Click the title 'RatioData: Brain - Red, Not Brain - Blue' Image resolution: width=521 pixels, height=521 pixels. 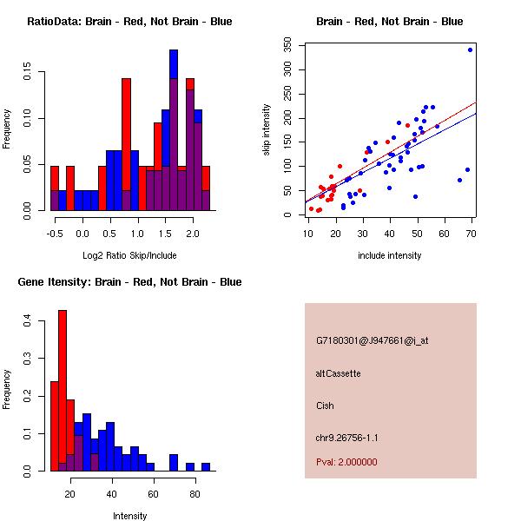129,21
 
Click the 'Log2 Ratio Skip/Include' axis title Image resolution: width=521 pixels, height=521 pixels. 129,256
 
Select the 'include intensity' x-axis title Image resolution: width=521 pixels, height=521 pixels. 390,256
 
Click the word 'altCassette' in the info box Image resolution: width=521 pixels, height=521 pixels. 338,373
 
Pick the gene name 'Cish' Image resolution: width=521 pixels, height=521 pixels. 325,406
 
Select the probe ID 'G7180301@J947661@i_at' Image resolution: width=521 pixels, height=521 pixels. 372,340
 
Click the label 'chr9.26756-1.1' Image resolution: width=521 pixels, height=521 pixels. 346,438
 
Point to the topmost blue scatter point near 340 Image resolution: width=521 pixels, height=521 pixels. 470,49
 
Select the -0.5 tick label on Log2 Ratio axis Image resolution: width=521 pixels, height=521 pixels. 55,233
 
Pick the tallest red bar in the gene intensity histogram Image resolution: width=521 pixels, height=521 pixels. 63,391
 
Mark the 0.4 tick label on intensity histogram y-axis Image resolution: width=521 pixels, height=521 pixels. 29,321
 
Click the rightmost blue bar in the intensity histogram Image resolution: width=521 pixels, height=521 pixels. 206,466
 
